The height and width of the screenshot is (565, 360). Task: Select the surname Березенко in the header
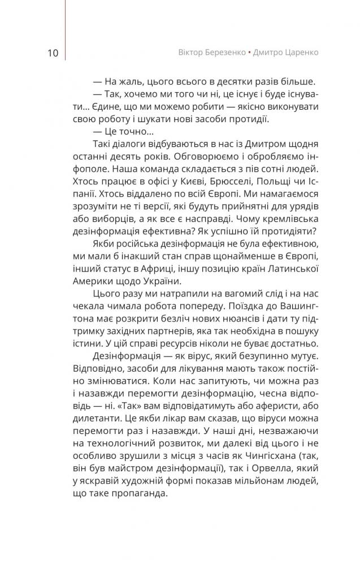224,52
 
